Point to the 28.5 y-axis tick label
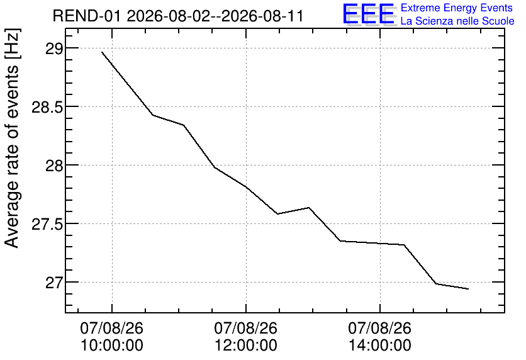click(x=47, y=108)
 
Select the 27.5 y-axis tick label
click(x=47, y=225)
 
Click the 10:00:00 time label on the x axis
click(x=112, y=346)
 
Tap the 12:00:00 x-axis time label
click(x=246, y=346)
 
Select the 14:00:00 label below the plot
click(x=380, y=346)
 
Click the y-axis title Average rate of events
click(x=12, y=157)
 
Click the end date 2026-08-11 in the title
click(x=262, y=16)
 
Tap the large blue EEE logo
click(x=369, y=14)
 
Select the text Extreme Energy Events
click(x=457, y=8)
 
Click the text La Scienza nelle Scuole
click(x=457, y=21)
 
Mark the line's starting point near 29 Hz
click(x=102, y=52)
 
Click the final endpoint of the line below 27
click(x=468, y=289)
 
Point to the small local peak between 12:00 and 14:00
click(x=309, y=207)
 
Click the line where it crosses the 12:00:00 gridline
click(x=246, y=187)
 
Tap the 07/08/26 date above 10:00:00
click(x=112, y=328)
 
